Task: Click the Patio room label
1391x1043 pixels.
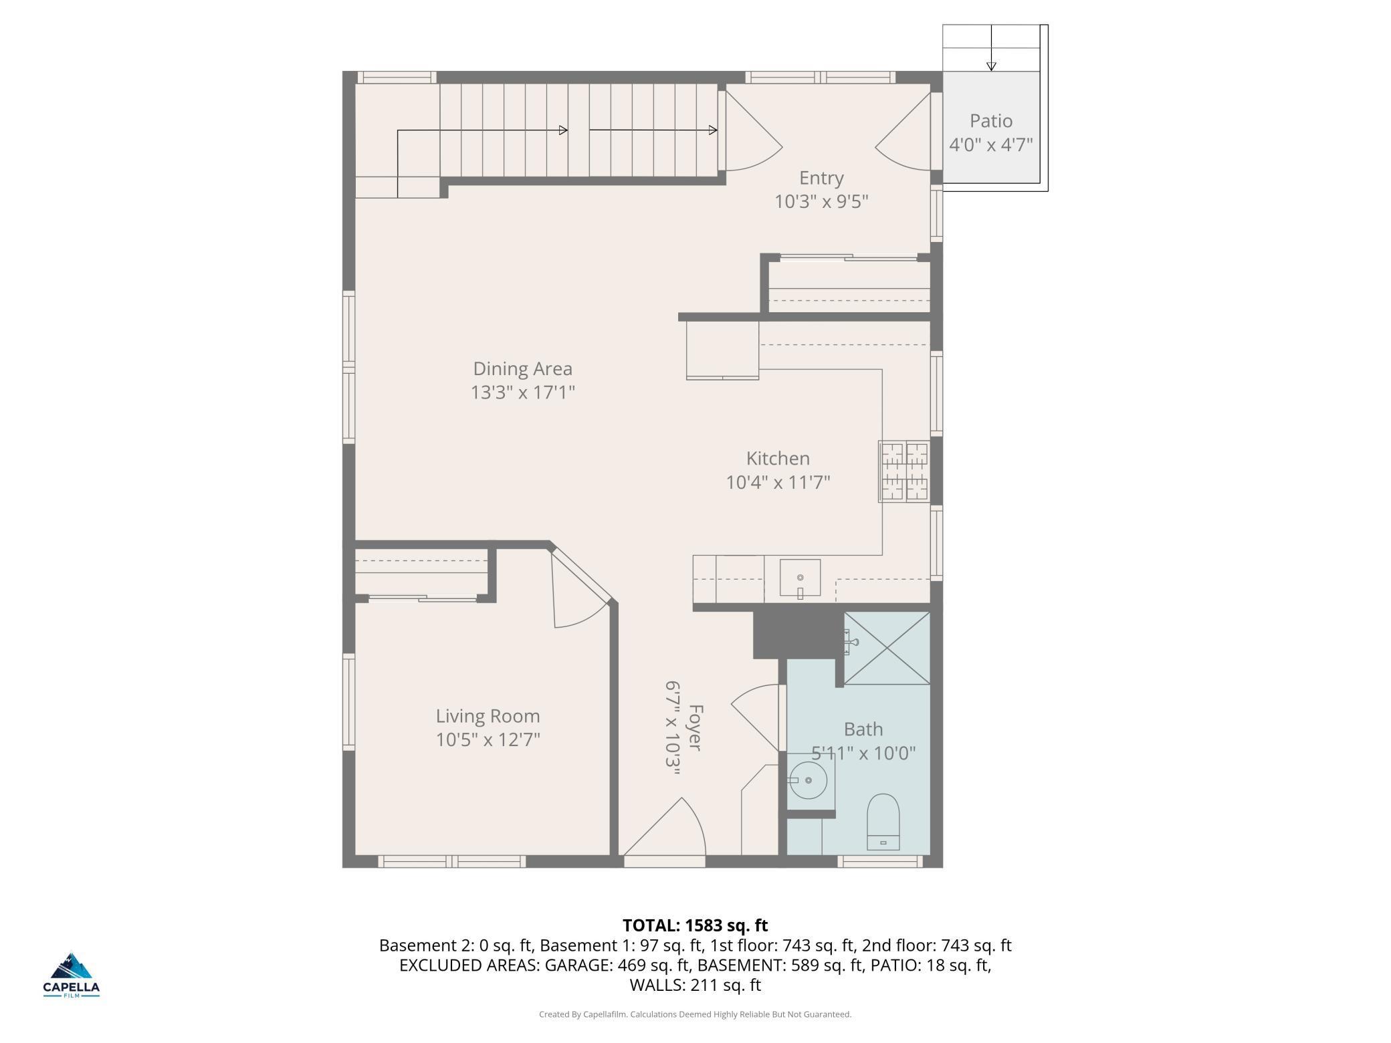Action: click(990, 121)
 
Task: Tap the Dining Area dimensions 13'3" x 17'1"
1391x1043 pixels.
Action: click(523, 392)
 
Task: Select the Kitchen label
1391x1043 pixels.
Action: click(778, 459)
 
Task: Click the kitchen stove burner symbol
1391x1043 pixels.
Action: click(904, 471)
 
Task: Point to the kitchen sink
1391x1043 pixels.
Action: click(800, 578)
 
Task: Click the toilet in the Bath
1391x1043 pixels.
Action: click(883, 821)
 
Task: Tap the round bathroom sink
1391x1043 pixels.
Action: click(808, 780)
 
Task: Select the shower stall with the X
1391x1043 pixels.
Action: click(887, 648)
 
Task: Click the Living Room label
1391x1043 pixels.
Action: click(488, 716)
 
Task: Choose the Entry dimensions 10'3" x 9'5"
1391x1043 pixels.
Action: click(821, 202)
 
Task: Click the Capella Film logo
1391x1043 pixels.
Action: click(72, 975)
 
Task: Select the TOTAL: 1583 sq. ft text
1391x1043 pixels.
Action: click(695, 925)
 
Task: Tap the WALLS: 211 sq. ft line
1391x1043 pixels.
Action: click(695, 985)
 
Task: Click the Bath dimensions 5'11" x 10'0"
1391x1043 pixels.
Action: click(863, 754)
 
